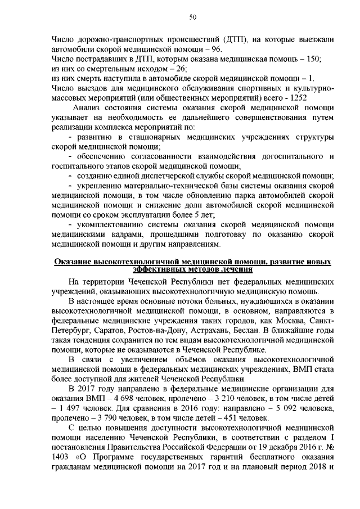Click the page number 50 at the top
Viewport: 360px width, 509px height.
(x=192, y=17)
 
